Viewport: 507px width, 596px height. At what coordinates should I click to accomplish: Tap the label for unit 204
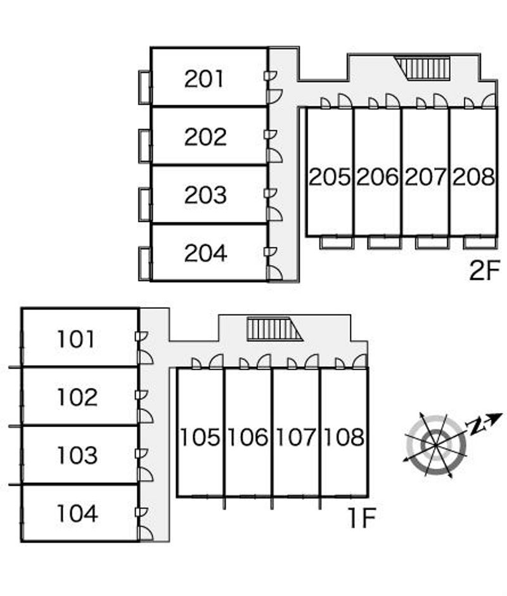coord(205,253)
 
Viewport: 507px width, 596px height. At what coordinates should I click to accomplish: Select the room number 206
coord(377,177)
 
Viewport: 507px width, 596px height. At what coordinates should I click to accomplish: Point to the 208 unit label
coord(473,177)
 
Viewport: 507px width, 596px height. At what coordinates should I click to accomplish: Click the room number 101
coord(76,340)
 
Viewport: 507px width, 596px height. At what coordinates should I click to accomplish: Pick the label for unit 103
coord(77,455)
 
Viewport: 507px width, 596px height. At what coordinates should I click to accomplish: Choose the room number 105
coord(200,437)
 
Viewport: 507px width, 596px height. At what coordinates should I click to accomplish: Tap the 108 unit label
coord(344,437)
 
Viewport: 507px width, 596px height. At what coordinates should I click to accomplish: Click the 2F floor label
coord(485,271)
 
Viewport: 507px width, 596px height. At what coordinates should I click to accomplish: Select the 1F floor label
coord(362,519)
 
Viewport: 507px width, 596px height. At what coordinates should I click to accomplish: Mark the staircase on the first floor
coord(270,329)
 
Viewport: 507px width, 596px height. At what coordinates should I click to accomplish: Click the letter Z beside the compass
coord(475,426)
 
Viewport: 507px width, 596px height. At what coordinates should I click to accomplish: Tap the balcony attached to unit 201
coord(145,87)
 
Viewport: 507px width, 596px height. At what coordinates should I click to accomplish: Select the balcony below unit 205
coord(336,242)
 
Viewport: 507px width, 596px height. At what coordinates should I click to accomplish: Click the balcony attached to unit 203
coord(145,204)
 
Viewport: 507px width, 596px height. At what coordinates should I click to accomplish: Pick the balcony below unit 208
coord(480,242)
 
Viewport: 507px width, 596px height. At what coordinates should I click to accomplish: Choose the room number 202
coord(205,137)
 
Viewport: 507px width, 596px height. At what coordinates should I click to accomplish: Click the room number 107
coord(296,437)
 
